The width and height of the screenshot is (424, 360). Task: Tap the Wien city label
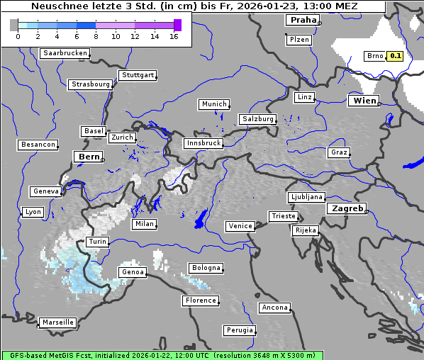[364, 101]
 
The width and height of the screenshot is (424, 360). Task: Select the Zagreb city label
[346, 208]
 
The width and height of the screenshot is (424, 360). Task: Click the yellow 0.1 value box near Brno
[395, 56]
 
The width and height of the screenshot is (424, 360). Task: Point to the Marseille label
[57, 322]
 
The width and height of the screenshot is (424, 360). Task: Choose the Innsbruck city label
[203, 143]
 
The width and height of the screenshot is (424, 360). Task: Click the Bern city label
[89, 156]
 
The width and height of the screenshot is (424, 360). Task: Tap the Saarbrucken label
[65, 53]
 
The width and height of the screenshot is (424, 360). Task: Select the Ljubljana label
[306, 197]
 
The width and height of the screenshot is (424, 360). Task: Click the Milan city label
[144, 224]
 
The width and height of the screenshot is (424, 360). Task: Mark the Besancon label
[38, 145]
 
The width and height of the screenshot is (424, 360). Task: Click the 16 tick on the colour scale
[174, 36]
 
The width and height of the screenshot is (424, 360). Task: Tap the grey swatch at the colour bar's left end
[14, 25]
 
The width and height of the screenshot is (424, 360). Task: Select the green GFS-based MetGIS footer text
[162, 355]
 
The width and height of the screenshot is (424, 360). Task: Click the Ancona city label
[274, 308]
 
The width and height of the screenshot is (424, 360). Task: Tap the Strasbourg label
[91, 84]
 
